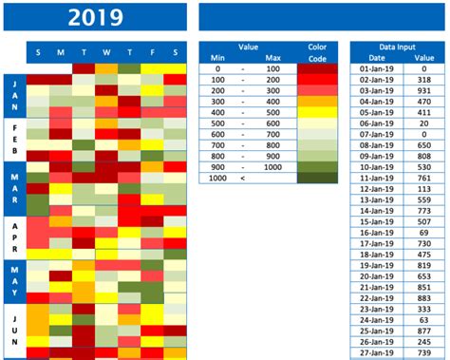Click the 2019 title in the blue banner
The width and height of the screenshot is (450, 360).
click(98, 16)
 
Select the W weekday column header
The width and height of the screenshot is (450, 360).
click(105, 52)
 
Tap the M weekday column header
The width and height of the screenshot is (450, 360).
click(60, 52)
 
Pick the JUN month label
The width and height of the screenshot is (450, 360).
click(14, 328)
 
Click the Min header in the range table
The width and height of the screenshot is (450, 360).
click(216, 58)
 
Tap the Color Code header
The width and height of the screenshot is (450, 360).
click(317, 52)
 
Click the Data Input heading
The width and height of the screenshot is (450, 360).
click(396, 46)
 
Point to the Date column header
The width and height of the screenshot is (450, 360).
click(371, 58)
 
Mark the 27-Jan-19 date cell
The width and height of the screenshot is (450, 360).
click(371, 353)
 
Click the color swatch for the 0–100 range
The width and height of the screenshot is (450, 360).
click(317, 69)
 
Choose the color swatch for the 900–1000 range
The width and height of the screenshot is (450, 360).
click(317, 166)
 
